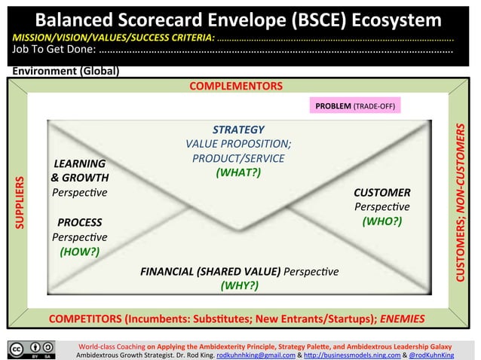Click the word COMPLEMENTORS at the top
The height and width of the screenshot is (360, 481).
coord(235,86)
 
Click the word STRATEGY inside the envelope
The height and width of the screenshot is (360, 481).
coord(238,130)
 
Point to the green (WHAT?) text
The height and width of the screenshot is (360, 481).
coord(238,172)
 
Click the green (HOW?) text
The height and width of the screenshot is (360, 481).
coord(79,251)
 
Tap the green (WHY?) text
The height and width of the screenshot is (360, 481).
coord(239,285)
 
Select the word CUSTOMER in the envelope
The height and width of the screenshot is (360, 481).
coord(381,193)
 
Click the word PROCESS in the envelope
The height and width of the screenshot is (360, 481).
coord(79,223)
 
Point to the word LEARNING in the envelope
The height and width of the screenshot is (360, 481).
coord(79,163)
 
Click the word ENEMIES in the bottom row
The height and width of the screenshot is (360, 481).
coord(402,319)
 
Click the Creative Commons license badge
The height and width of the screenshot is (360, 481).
coord(32,349)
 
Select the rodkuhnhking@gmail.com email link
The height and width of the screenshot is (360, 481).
coord(248,353)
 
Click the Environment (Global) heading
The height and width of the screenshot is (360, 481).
coord(65,72)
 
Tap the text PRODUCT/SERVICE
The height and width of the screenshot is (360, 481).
coord(238,158)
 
